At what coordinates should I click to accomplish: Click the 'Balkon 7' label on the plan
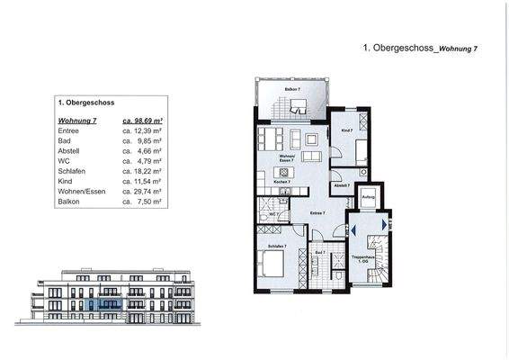[x=292, y=90]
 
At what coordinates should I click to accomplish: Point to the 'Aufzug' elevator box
[x=368, y=196]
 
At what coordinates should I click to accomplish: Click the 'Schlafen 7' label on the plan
[x=277, y=246]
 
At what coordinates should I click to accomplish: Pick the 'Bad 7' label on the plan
[x=321, y=253]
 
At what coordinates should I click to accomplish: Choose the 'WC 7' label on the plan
[x=272, y=215]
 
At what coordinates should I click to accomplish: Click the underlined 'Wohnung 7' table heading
[x=75, y=120]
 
